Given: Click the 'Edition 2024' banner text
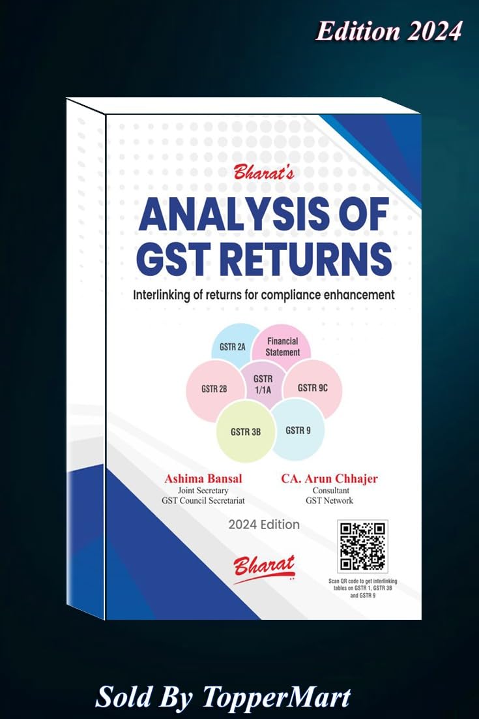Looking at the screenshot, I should click(388, 31).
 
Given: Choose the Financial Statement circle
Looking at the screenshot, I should click(282, 346).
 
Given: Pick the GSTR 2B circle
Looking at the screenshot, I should click(214, 389).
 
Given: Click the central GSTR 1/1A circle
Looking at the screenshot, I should click(263, 384).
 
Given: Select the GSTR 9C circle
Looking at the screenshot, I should click(312, 388).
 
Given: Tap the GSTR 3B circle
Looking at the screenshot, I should click(246, 431).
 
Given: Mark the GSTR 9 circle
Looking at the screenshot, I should click(297, 430).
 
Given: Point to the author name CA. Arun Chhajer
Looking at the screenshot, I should click(329, 479).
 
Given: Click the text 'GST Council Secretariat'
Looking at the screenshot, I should click(203, 500).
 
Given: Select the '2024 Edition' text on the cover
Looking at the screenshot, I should click(264, 525).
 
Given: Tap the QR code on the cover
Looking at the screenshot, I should click(363, 546).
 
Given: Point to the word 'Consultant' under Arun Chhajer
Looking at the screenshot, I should click(329, 490).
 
